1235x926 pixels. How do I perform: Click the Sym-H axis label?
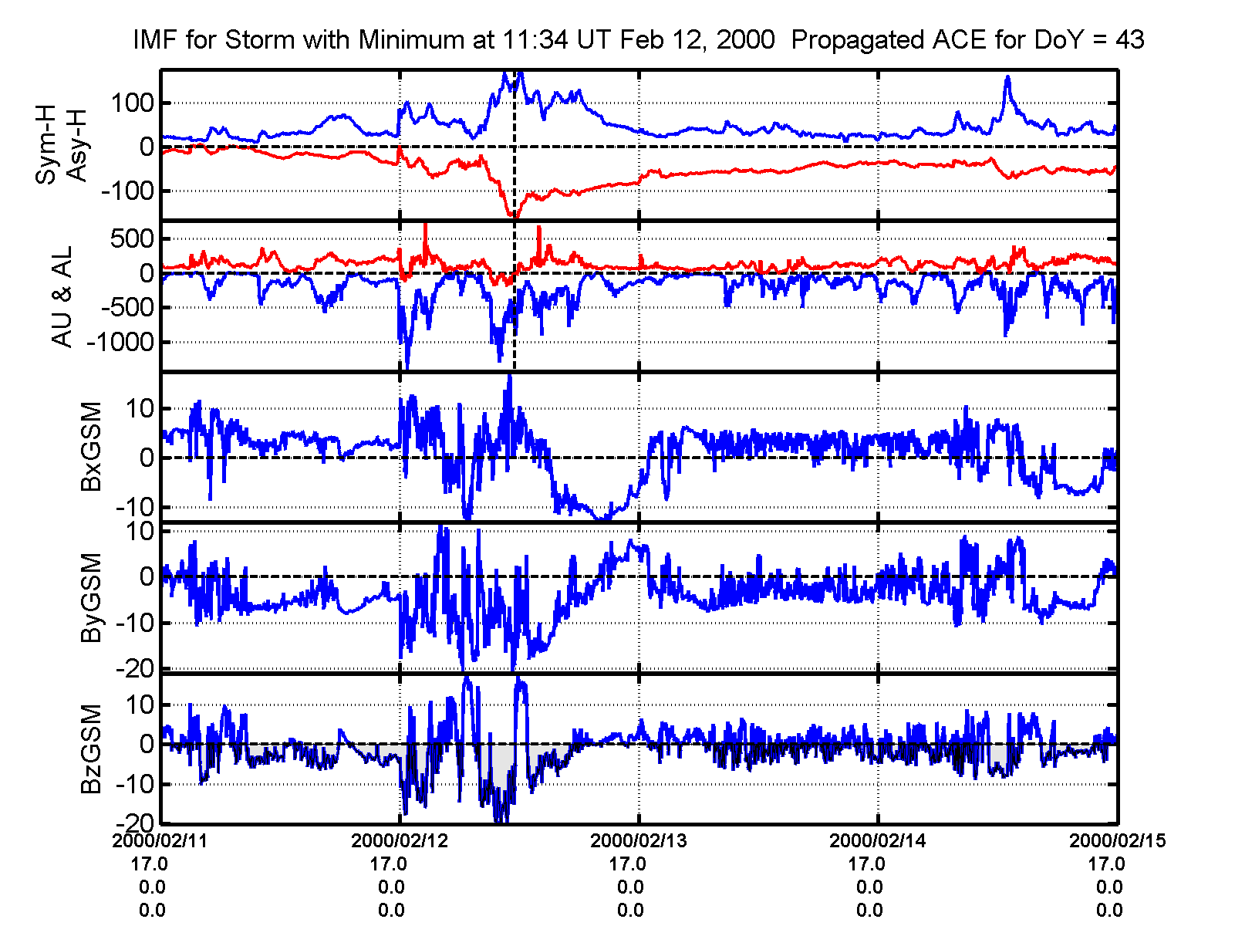click(x=47, y=145)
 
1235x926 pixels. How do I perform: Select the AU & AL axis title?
click(x=62, y=296)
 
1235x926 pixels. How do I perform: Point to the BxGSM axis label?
click(x=92, y=446)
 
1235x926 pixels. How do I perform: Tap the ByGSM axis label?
click(x=92, y=597)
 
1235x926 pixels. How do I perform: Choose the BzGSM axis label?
click(x=92, y=749)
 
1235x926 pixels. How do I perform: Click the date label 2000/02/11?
click(x=160, y=841)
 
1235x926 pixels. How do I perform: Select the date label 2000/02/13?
click(x=639, y=841)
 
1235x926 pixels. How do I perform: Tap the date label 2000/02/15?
click(x=1117, y=841)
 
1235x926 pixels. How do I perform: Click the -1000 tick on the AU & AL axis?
click(x=120, y=343)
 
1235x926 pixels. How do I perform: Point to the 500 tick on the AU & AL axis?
click(x=132, y=238)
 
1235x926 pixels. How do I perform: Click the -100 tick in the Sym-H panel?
click(x=127, y=191)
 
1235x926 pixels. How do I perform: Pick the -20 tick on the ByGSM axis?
click(x=133, y=668)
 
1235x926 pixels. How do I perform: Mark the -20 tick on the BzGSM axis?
click(x=133, y=823)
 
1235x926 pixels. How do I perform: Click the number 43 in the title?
click(x=1129, y=39)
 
